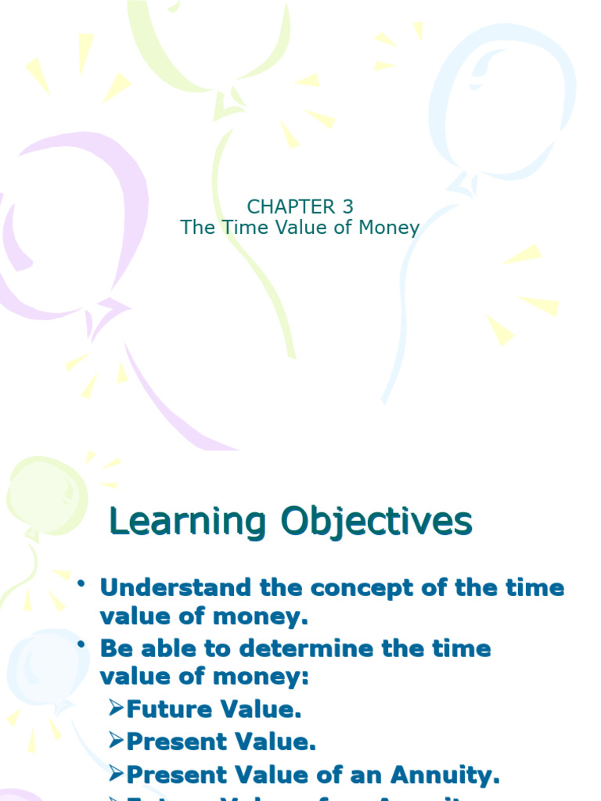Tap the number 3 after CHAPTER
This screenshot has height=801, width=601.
[x=347, y=207]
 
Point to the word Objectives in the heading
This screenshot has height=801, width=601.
[x=376, y=522]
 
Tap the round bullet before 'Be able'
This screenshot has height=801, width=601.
[x=81, y=645]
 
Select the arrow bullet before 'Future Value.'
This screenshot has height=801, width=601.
[x=116, y=709]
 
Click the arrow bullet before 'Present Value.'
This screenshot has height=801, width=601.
[x=116, y=741]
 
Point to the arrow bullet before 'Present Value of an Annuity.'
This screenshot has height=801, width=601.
[x=116, y=774]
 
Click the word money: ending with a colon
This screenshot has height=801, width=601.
[x=267, y=677]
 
